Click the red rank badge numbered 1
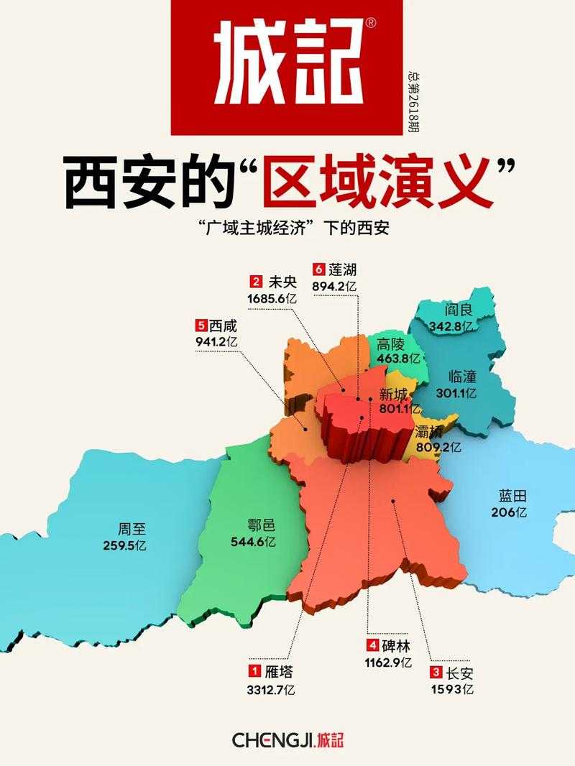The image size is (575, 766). click(x=254, y=671)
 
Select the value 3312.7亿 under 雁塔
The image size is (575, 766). click(x=272, y=689)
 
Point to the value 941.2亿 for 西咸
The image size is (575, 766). click(x=216, y=342)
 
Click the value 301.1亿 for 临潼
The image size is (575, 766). click(x=459, y=393)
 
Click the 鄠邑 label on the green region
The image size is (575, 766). click(x=253, y=525)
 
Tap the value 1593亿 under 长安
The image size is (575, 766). click(x=453, y=690)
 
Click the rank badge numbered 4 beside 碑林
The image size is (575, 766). click(x=372, y=644)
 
